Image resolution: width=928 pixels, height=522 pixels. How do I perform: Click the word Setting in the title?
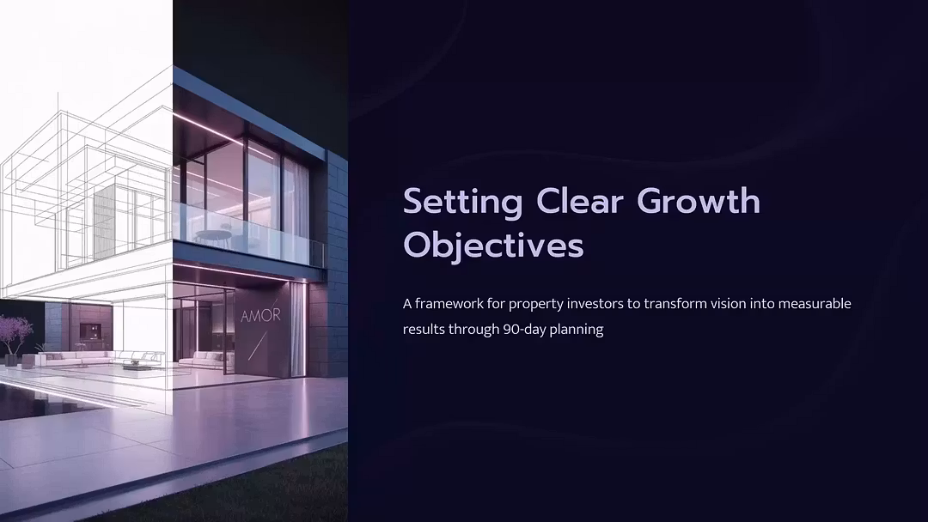coord(463,203)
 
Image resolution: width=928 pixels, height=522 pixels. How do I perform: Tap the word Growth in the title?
coord(699,201)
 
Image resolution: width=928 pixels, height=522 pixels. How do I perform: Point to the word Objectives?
coord(493,245)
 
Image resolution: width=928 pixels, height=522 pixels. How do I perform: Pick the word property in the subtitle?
coord(535,305)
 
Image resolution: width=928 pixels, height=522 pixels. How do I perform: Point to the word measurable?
coord(815,304)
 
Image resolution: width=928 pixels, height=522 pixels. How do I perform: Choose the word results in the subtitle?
coord(424,330)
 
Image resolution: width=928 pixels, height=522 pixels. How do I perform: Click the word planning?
coord(577,331)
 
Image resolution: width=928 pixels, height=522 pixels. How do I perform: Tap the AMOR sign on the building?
coord(260,316)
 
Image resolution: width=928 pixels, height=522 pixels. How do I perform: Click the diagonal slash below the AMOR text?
coord(258,346)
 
